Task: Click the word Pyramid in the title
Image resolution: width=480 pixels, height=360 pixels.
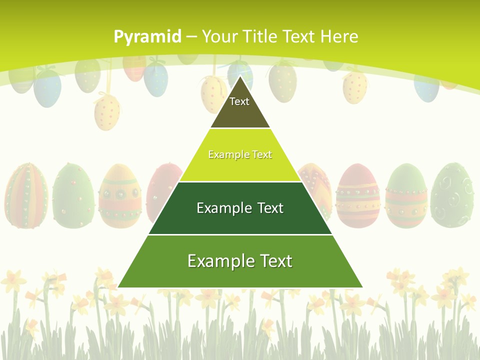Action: [x=147, y=36]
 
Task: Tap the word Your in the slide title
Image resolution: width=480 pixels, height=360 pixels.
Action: [x=220, y=36]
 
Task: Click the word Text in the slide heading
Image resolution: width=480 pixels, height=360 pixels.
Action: [x=299, y=36]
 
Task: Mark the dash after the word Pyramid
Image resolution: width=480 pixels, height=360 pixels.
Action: [x=191, y=37]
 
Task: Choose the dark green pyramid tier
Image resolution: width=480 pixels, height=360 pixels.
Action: [x=240, y=208]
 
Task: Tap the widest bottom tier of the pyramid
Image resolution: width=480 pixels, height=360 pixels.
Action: [x=240, y=261]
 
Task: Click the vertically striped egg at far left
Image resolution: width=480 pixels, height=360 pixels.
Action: [x=26, y=195]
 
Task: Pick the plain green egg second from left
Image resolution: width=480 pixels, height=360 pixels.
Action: [x=73, y=195]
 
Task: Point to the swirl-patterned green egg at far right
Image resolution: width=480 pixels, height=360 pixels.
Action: [x=452, y=195]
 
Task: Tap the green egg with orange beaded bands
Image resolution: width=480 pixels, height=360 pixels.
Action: [x=406, y=196]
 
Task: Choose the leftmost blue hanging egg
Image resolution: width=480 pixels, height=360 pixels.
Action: [x=47, y=87]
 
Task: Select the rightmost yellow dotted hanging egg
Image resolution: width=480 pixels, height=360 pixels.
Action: [x=355, y=86]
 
